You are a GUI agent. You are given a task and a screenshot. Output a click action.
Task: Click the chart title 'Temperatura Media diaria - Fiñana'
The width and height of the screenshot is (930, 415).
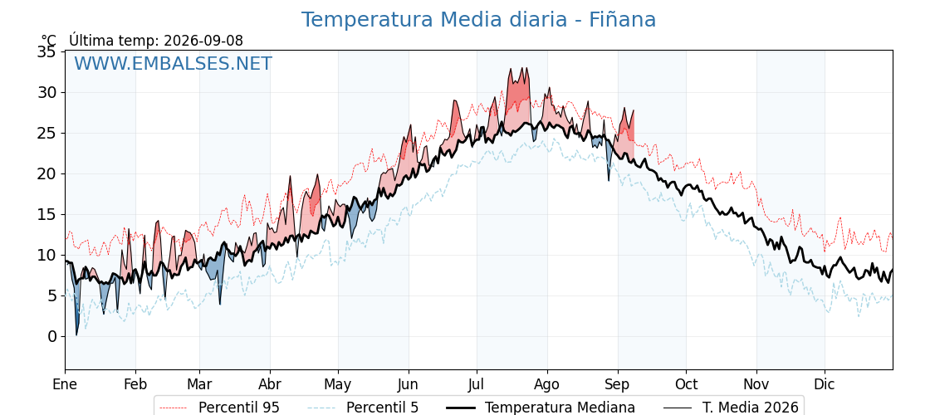coord(478,20)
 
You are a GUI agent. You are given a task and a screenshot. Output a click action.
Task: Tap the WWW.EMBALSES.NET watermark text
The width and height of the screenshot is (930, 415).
coord(174,63)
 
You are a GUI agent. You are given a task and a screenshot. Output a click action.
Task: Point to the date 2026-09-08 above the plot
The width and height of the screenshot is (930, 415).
coord(203,41)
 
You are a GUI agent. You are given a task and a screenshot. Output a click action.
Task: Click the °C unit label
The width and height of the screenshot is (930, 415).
coord(48,41)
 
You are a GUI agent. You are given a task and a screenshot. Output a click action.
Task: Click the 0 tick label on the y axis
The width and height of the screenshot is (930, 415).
coord(53,336)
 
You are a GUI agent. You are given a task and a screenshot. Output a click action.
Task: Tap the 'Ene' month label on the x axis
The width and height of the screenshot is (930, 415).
coord(65,384)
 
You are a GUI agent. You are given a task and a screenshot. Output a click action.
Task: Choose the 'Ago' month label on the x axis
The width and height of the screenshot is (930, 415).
coord(546,384)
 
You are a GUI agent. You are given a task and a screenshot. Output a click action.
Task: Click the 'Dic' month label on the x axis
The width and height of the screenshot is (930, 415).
coord(825,384)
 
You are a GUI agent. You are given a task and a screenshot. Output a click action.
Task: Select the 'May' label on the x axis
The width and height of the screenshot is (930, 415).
coord(338,384)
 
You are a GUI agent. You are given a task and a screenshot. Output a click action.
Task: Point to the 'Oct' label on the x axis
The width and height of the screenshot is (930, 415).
coord(686,384)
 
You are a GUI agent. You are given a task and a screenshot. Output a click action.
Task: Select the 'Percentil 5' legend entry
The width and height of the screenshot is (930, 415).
coord(364,408)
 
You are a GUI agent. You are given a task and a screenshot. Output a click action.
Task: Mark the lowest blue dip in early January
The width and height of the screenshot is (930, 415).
coord(76,334)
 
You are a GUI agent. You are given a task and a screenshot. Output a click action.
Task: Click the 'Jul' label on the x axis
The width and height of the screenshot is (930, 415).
coord(477,384)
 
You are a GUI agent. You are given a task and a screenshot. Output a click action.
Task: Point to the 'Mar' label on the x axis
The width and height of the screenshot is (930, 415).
coord(199,384)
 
